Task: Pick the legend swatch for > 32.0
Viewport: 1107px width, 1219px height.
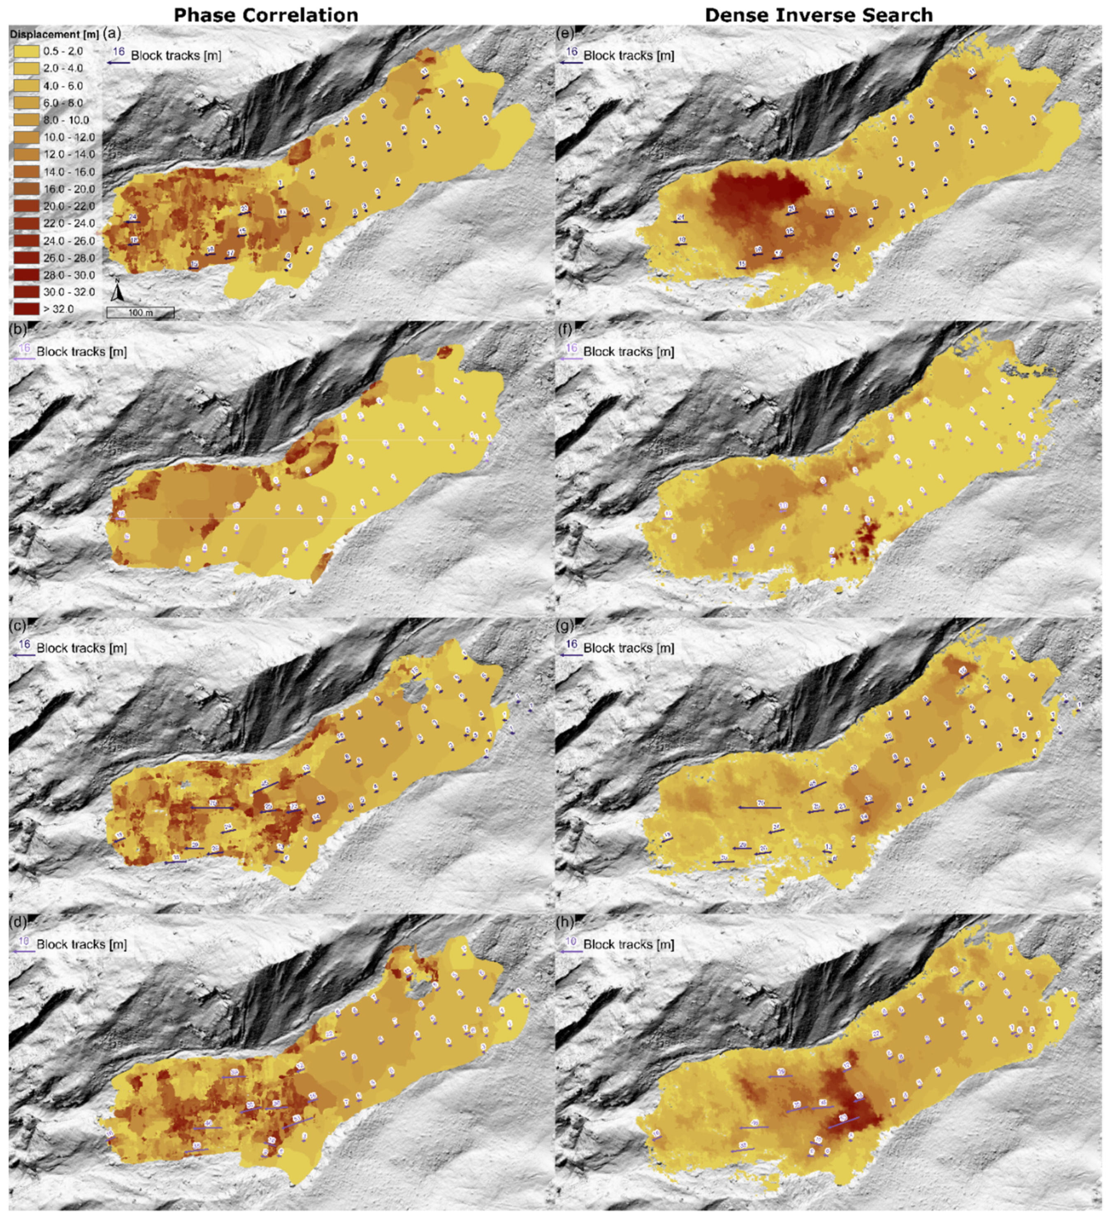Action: point(25,309)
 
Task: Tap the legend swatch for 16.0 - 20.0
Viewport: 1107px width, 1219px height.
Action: point(25,189)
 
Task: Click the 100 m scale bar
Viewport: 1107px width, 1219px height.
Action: point(140,313)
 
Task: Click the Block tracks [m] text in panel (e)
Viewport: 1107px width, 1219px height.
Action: point(628,56)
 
